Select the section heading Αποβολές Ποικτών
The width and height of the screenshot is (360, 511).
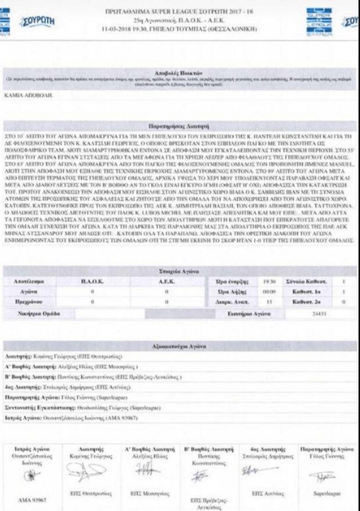(179, 74)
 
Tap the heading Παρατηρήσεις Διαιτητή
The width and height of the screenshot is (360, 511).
(179, 125)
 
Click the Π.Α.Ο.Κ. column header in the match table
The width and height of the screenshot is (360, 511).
(93, 281)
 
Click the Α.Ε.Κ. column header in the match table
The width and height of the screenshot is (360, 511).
(166, 281)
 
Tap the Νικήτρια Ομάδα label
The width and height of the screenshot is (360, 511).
(37, 314)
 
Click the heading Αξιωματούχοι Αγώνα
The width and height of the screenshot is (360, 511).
(179, 346)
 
